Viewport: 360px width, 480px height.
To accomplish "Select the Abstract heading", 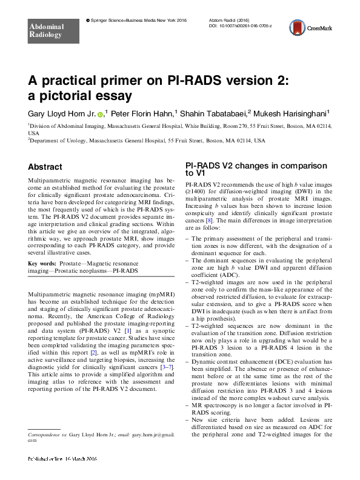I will click(x=45, y=167).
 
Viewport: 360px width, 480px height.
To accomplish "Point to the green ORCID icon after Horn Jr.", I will click(x=100, y=113).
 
